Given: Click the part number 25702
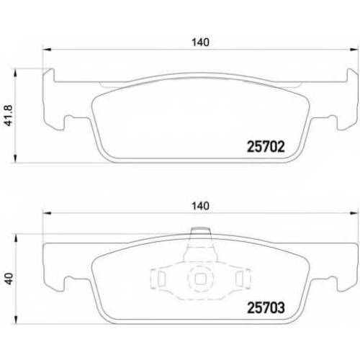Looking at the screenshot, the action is click(266, 146).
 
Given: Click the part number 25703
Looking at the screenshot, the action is click(266, 307).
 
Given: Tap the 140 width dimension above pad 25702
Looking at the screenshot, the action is click(200, 42).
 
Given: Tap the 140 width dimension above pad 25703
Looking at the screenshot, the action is click(200, 206).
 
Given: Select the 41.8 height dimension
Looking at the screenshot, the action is click(9, 115).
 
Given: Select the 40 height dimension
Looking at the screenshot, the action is click(9, 279).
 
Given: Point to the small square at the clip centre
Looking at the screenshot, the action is click(200, 279).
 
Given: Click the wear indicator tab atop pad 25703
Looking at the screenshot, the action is click(201, 231).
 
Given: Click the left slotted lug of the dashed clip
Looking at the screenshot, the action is click(158, 279).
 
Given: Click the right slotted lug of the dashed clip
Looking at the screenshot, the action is click(243, 279).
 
